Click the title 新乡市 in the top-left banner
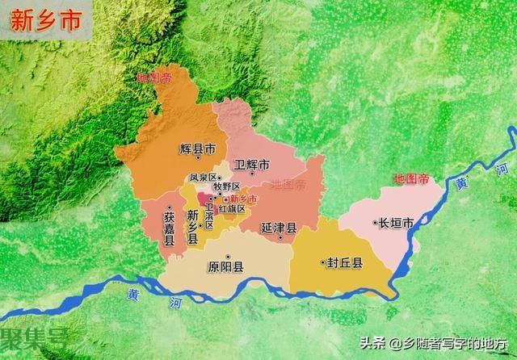45,21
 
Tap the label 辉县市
198,149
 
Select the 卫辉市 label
251,165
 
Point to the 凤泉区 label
203,178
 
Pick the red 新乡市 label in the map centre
243,199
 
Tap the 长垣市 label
397,223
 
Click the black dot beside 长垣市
376,222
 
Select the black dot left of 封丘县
323,262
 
